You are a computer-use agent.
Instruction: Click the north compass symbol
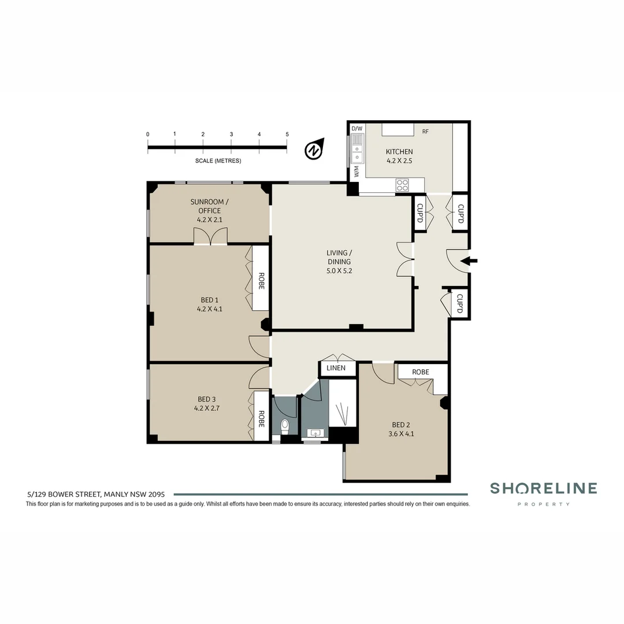[x=313, y=150]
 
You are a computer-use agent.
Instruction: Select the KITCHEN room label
[x=399, y=152]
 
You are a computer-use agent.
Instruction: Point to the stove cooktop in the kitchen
[x=402, y=185]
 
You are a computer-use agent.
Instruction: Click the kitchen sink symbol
[x=358, y=148]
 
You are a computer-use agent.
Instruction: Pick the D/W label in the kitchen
[x=357, y=128]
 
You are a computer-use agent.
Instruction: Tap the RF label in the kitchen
[x=425, y=132]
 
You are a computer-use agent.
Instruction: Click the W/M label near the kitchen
[x=356, y=172]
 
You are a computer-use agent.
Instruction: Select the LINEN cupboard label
[x=336, y=368]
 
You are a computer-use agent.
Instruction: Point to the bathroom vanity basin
[x=315, y=433]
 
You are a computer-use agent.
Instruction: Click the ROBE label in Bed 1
[x=261, y=281]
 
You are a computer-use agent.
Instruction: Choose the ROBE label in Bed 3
[x=261, y=419]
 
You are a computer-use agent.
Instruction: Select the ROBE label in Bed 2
[x=421, y=372]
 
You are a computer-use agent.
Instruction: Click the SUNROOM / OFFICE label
[x=209, y=206]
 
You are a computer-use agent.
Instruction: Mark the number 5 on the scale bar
[x=287, y=134]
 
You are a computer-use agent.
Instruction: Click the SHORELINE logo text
[x=543, y=489]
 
